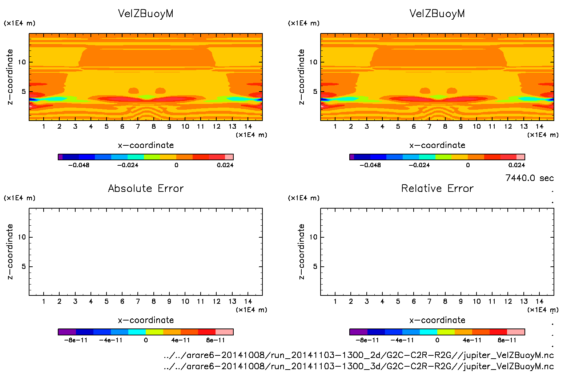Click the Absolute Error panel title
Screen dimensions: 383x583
tap(146, 188)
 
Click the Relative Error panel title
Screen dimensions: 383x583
tap(437, 188)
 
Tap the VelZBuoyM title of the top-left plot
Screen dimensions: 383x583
tap(146, 13)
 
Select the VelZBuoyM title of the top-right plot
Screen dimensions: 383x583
tap(437, 13)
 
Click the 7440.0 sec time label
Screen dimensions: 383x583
tap(529, 178)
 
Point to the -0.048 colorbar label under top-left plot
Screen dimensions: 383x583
tap(79, 165)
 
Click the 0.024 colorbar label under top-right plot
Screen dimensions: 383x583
tap(516, 165)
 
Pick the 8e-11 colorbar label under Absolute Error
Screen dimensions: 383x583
tap(216, 340)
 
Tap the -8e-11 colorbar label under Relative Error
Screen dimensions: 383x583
tap(367, 340)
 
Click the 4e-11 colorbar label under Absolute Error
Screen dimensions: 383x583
tap(181, 340)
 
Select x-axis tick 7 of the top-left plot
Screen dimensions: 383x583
tap(138, 126)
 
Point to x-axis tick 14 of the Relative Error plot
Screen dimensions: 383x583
tap(539, 301)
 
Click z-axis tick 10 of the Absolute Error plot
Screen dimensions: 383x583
tap(22, 237)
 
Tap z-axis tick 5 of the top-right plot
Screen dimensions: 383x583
tap(315, 92)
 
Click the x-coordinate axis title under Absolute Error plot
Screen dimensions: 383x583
tap(146, 320)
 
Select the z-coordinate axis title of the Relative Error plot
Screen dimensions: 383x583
tap(301, 251)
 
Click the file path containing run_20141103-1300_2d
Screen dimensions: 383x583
tap(359, 355)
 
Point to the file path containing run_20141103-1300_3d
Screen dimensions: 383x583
tap(359, 366)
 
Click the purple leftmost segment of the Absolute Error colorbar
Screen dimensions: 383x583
tap(67, 332)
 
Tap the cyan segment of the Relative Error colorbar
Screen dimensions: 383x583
tap(429, 332)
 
